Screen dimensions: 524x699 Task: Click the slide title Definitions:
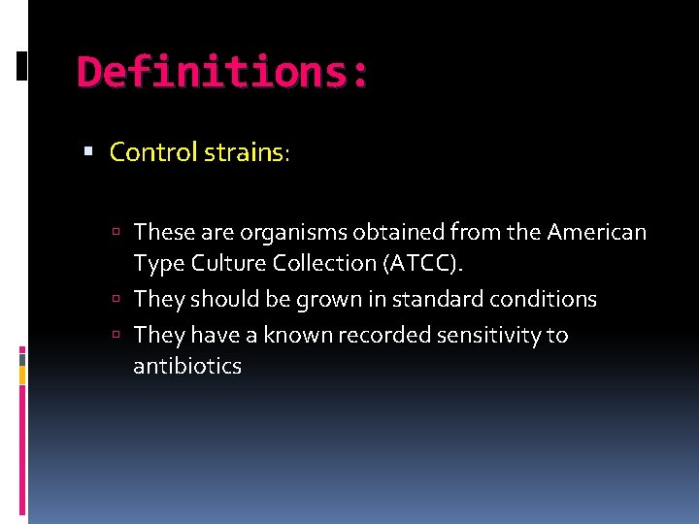pyautogui.click(x=222, y=72)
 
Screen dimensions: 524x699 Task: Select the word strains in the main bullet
pyautogui.click(x=245, y=152)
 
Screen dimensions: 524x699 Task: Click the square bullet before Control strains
pyautogui.click(x=88, y=152)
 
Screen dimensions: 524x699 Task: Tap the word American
pyautogui.click(x=596, y=232)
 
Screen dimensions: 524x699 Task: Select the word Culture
pyautogui.click(x=220, y=263)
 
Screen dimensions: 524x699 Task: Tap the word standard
pyautogui.click(x=426, y=299)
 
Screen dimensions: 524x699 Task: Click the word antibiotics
pyautogui.click(x=187, y=366)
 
